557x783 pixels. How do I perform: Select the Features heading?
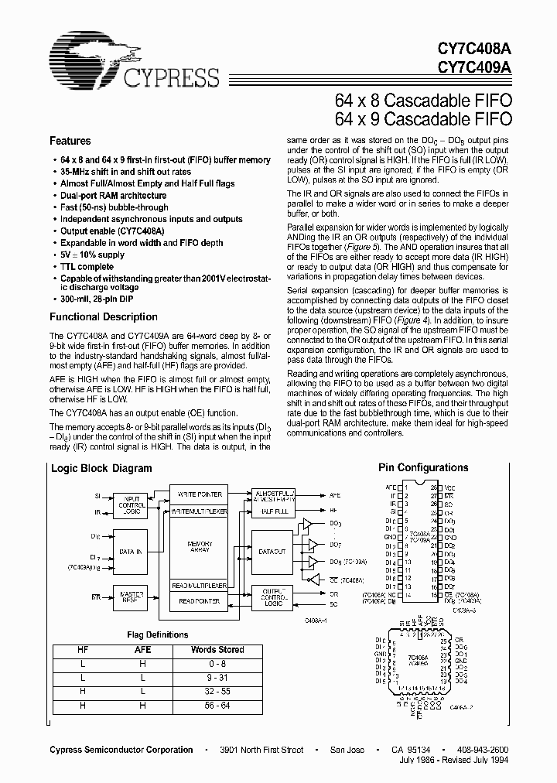[x=70, y=142]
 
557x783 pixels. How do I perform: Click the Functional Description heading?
[x=103, y=317]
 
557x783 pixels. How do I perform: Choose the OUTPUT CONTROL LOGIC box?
[x=272, y=597]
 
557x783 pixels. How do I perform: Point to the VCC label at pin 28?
[x=449, y=487]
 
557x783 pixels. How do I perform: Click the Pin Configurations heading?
[x=422, y=468]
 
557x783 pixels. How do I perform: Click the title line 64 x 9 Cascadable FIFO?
[x=423, y=119]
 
